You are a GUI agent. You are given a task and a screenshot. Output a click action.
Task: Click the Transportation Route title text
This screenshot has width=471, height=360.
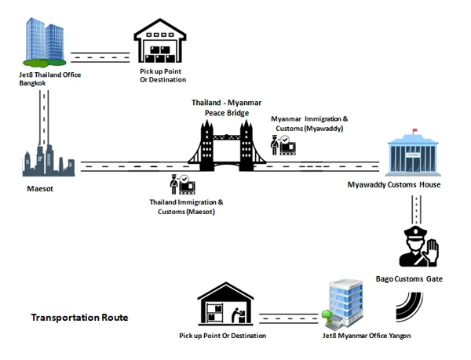pyautogui.click(x=79, y=318)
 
